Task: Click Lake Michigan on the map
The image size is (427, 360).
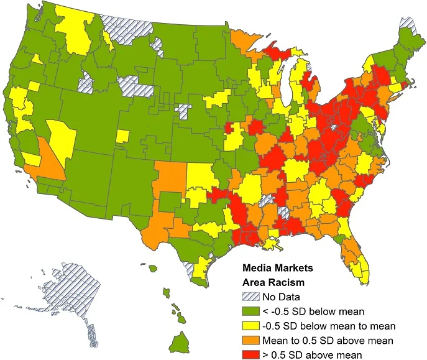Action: pyautogui.click(x=287, y=84)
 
